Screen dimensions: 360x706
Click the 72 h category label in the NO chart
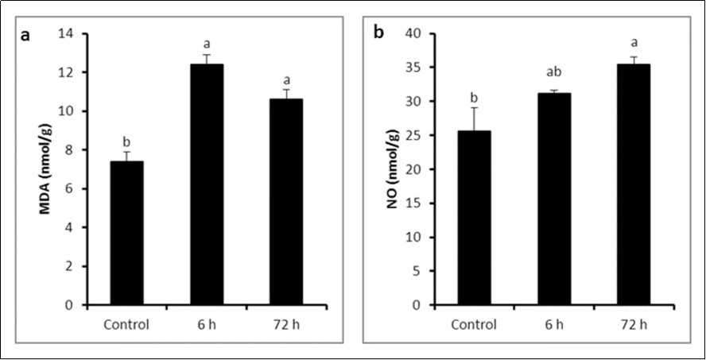(633, 324)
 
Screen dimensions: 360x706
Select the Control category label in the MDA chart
(126, 324)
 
